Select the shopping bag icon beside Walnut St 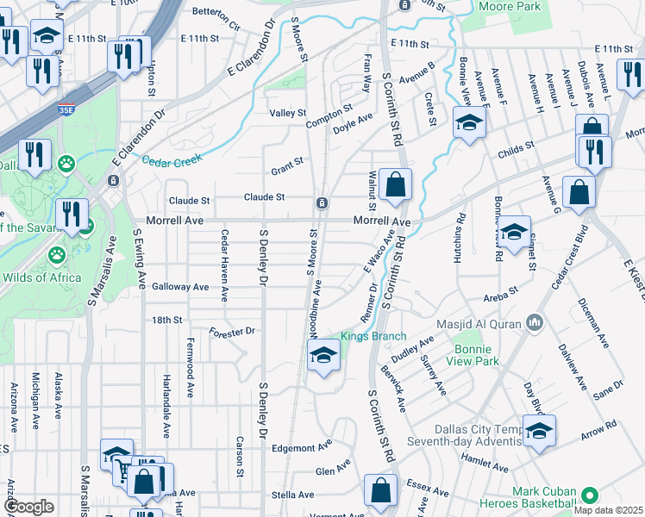395,185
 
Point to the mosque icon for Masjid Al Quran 535,322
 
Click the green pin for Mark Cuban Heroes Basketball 590,495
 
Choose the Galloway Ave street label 180,286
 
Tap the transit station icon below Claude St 321,202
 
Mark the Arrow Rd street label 599,426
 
